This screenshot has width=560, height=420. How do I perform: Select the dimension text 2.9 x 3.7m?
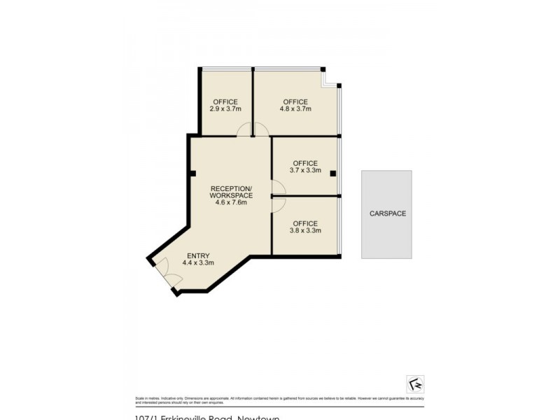tap(225, 109)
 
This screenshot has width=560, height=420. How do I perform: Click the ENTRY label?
tap(197, 255)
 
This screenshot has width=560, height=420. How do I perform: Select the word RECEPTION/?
tap(231, 188)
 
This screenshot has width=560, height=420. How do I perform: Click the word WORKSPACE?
tap(231, 195)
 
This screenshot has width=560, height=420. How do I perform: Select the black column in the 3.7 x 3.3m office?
tap(333, 173)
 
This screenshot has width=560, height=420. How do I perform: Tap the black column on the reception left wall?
tap(191, 174)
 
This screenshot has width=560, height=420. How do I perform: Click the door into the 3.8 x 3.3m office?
tap(277, 203)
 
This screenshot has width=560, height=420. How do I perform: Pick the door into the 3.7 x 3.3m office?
tap(277, 187)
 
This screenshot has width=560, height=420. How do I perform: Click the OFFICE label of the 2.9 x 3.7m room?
tap(225, 102)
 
